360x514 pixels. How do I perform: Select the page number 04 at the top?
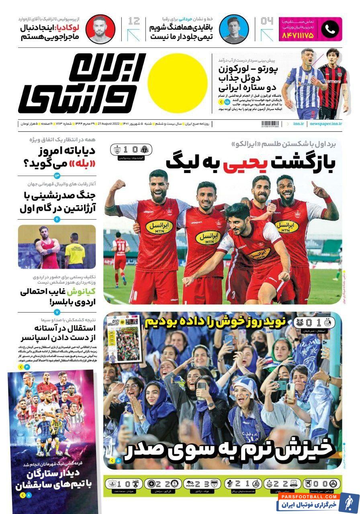[266, 21]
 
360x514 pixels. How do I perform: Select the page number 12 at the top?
[134, 21]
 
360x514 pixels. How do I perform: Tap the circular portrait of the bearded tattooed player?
[100, 29]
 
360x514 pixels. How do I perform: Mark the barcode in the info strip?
[271, 124]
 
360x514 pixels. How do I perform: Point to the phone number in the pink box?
[299, 35]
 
